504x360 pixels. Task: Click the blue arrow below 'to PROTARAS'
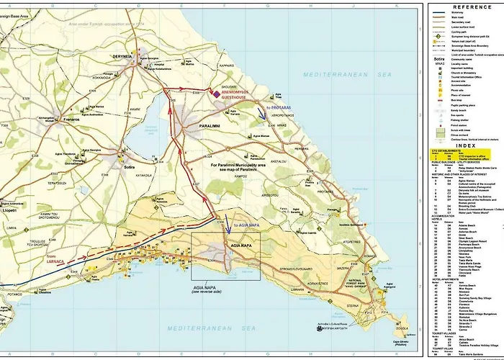(x=264, y=113)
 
